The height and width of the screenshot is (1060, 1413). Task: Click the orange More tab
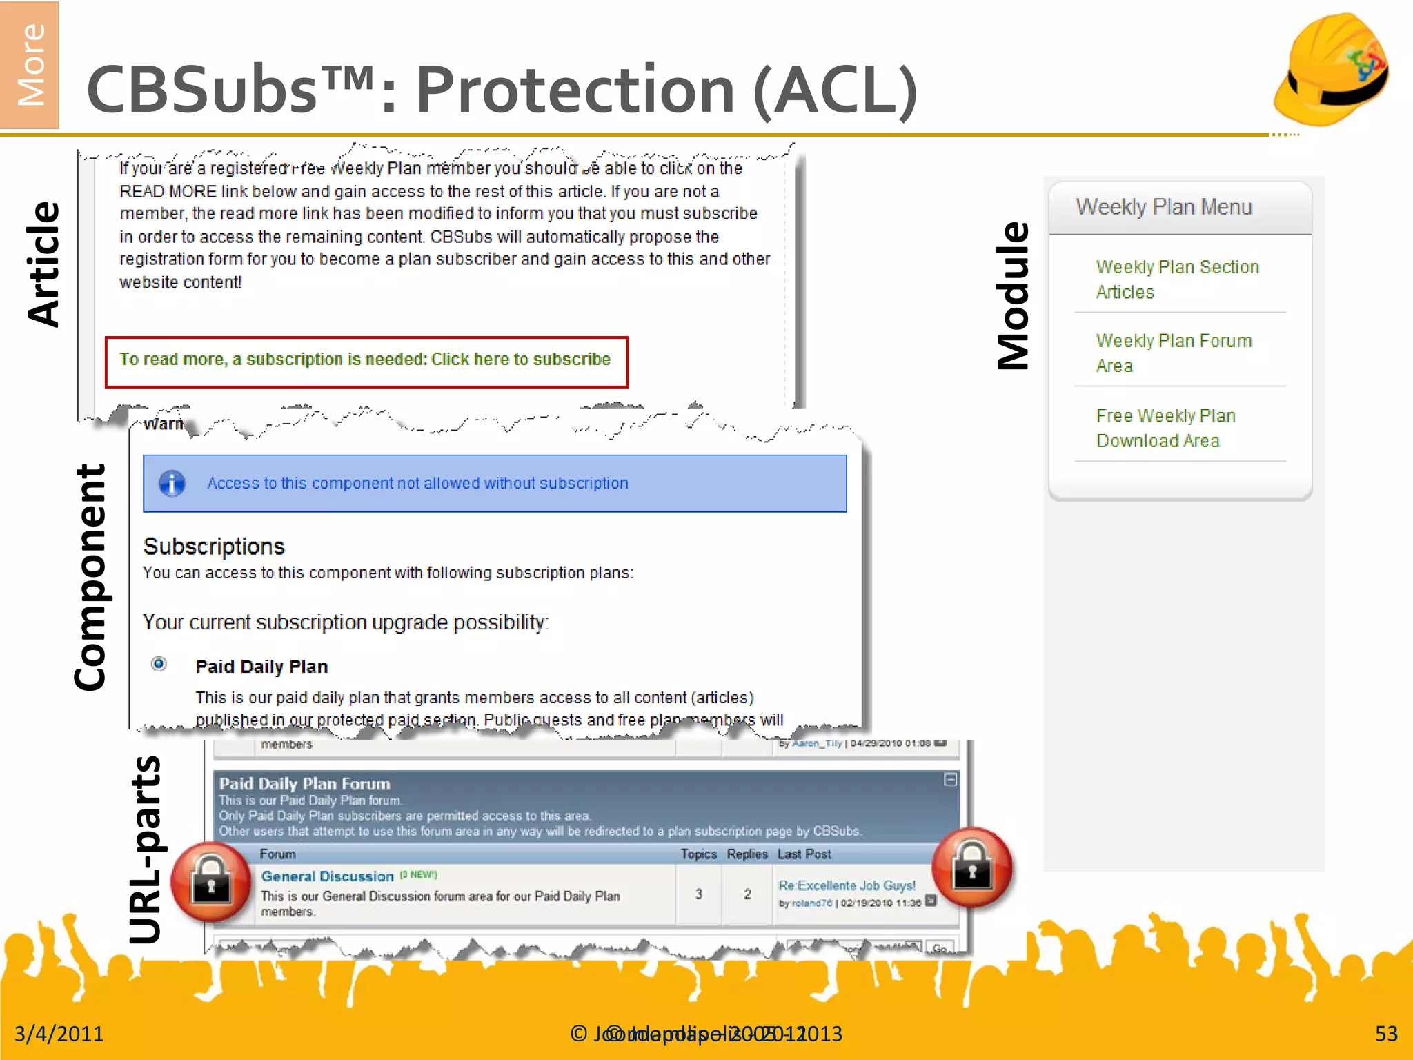click(x=30, y=64)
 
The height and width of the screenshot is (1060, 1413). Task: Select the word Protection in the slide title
click(x=575, y=90)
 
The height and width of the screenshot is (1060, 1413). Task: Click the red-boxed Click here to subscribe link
click(x=521, y=360)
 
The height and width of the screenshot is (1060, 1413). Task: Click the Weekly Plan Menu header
click(x=1163, y=207)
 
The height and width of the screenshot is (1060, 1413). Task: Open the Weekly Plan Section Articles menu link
click(x=1177, y=279)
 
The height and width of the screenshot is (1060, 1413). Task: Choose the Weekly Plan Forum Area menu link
click(x=1173, y=353)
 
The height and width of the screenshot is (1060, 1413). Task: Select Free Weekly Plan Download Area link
click(x=1165, y=428)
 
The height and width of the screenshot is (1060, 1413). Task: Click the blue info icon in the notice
click(x=172, y=483)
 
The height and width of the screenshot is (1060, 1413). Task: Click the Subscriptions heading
click(x=214, y=547)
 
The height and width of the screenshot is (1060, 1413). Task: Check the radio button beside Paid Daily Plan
click(x=159, y=664)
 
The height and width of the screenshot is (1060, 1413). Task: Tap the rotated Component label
click(x=90, y=577)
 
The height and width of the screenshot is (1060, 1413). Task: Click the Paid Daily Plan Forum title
click(x=304, y=784)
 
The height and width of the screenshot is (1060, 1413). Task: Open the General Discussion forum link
click(x=327, y=876)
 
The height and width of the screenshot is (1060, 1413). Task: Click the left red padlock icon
click(x=211, y=882)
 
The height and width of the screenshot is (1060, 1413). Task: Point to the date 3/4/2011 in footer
click(x=59, y=1034)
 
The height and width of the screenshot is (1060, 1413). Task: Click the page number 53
click(x=1385, y=1034)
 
